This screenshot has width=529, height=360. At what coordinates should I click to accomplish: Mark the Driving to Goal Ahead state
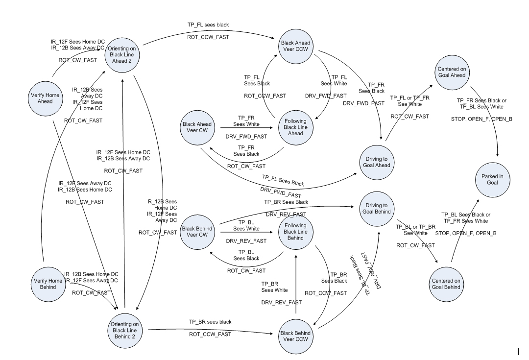(x=378, y=162)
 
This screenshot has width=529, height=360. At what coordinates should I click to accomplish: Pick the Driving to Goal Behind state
(x=378, y=208)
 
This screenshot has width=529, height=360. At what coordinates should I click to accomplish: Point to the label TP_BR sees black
(x=210, y=322)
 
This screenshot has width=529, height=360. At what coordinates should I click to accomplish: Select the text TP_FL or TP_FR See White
(x=409, y=101)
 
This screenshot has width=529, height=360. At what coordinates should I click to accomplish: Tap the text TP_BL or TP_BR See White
(x=415, y=230)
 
